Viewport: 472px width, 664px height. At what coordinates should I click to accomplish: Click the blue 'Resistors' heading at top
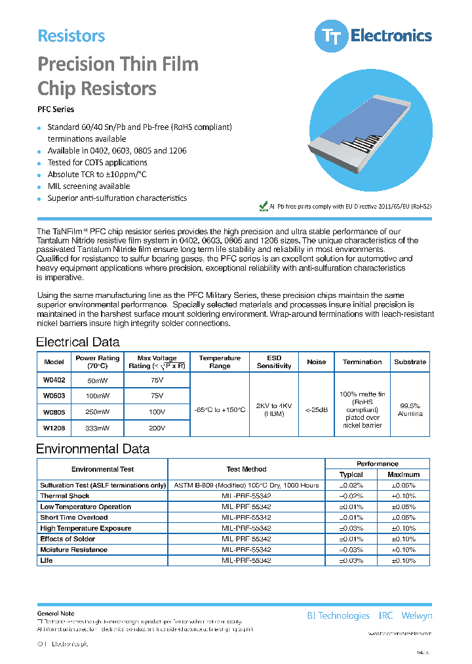click(71, 36)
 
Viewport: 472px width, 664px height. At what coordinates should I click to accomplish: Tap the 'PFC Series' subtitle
click(56, 110)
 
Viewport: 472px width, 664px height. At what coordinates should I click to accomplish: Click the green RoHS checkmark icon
click(264, 206)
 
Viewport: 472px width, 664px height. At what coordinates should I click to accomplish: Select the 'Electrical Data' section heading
click(77, 342)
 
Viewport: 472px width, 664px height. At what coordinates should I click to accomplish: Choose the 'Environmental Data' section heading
click(92, 449)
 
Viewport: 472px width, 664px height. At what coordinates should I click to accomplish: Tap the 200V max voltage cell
click(157, 428)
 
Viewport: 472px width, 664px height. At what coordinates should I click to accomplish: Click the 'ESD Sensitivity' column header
click(274, 362)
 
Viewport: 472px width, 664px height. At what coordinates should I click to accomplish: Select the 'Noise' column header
click(316, 362)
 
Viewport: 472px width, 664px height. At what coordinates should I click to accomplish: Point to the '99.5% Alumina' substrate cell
click(410, 409)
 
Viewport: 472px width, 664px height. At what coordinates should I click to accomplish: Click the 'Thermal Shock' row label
click(65, 496)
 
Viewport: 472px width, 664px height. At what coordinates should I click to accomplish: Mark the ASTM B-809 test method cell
click(246, 486)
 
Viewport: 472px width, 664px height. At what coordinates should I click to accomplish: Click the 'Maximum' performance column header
click(403, 474)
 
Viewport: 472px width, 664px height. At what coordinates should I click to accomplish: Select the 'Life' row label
click(47, 560)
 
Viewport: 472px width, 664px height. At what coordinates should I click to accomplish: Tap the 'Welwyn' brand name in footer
click(416, 615)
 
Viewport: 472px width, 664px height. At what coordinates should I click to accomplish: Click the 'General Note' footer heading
click(56, 613)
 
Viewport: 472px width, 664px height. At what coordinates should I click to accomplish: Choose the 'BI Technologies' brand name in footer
click(338, 615)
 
